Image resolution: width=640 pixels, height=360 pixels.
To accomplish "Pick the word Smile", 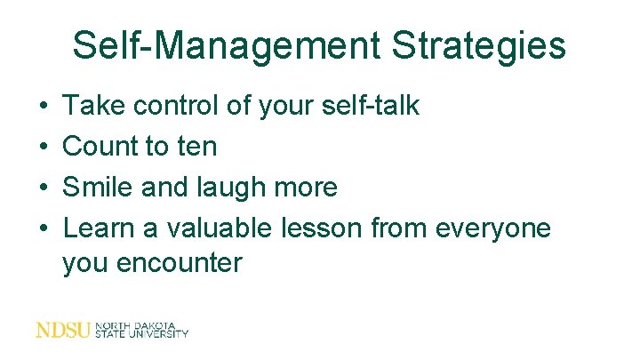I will [100, 187].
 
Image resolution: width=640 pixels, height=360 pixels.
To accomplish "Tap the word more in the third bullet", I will [307, 188].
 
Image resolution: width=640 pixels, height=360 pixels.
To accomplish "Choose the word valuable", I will [213, 228].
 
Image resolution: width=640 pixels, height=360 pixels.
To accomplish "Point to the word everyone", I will [493, 229].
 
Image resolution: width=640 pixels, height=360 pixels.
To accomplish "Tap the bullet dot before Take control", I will [44, 108].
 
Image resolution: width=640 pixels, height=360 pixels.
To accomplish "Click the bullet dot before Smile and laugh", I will [44, 188].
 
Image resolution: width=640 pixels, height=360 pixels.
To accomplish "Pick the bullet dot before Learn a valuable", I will [44, 228].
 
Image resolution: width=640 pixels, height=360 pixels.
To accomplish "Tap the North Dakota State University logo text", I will [142, 330].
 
